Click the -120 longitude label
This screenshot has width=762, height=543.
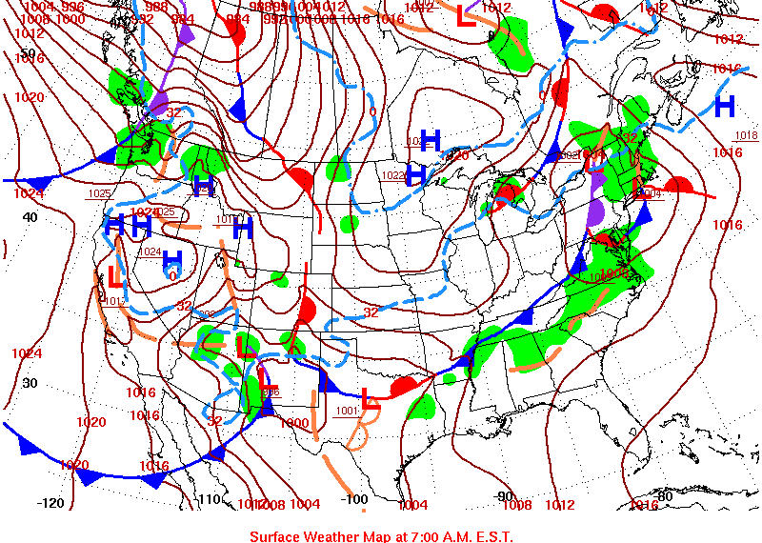coord(50,502)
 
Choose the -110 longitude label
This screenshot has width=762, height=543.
coord(209,499)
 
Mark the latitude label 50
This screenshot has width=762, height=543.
coord(29,53)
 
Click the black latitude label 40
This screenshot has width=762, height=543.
coord(30,217)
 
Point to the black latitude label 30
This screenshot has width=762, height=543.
coord(30,383)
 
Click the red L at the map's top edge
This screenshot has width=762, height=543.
coord(466,16)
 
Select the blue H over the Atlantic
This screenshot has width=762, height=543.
coord(724,104)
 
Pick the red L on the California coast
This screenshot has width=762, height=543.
coord(114,277)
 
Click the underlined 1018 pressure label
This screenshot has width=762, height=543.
coord(746,135)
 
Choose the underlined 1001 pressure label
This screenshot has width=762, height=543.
coord(347,411)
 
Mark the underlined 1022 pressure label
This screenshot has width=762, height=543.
coord(392,175)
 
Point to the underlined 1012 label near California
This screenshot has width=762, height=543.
coord(115,301)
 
